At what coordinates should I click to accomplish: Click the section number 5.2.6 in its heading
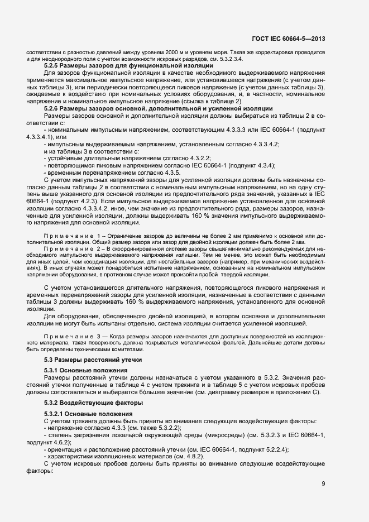tap(52, 108)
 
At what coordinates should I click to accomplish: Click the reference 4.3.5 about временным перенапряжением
tap(169, 173)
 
